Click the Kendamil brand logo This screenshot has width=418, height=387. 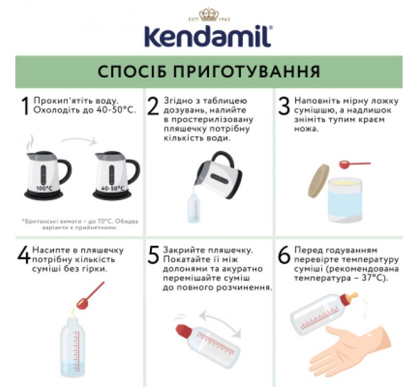pos(207,36)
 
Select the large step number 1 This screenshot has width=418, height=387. pos(25,106)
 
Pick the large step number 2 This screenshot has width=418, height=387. pos(153,106)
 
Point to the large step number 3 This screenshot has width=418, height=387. pos(283,106)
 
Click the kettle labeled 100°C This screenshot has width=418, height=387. pos(45,172)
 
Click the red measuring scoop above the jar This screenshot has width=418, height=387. pos(353,165)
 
